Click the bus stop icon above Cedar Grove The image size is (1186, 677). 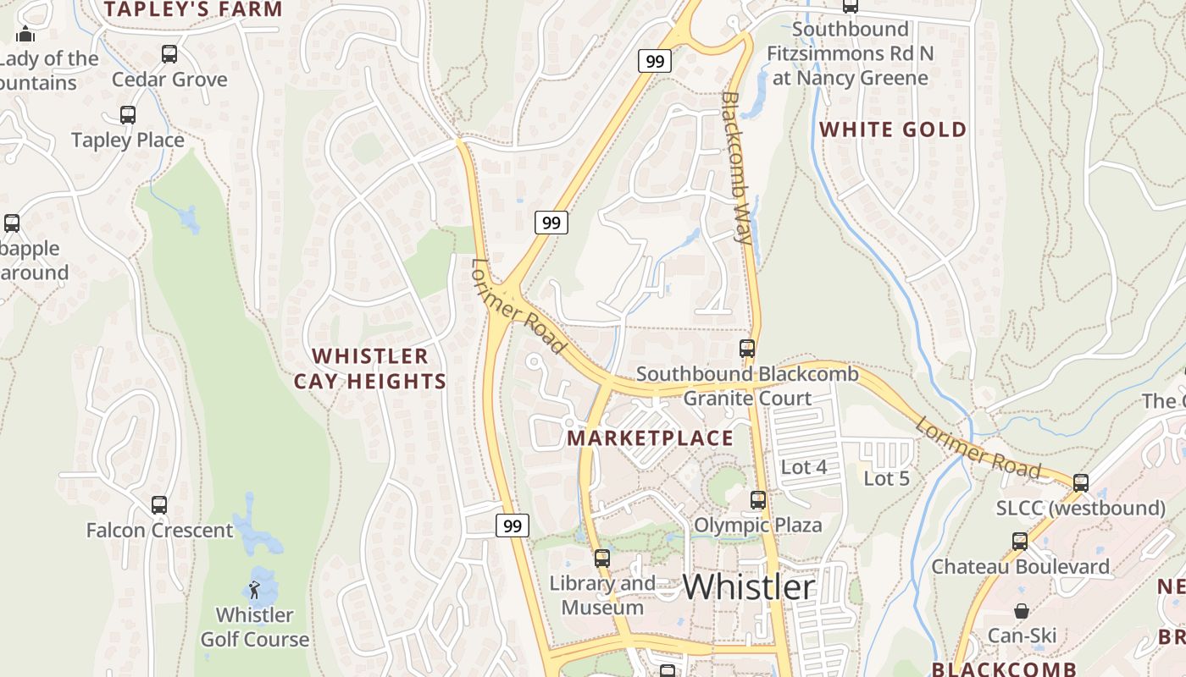click(x=169, y=54)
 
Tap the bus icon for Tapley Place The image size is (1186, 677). click(x=128, y=115)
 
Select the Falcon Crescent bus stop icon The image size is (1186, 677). click(x=159, y=505)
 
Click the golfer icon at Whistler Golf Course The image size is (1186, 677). click(x=254, y=589)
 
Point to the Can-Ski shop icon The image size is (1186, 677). click(x=1022, y=611)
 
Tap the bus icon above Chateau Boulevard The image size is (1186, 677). click(x=1020, y=542)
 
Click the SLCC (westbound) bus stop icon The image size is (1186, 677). click(x=1081, y=483)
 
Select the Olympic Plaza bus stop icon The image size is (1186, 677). click(x=758, y=500)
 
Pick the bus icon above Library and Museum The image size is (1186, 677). click(x=602, y=559)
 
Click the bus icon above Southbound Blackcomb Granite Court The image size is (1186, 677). click(x=747, y=349)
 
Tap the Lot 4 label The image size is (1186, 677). click(x=804, y=467)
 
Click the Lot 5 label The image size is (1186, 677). click(x=886, y=479)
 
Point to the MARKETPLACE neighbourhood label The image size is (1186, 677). click(x=650, y=438)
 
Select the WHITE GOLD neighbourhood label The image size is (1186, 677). click(x=893, y=129)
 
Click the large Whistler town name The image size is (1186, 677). click(x=748, y=587)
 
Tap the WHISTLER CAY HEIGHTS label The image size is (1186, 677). click(x=370, y=369)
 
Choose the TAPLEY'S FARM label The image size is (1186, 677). click(x=193, y=10)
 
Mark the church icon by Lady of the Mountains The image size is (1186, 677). click(x=25, y=34)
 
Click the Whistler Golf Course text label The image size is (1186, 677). click(x=254, y=627)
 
